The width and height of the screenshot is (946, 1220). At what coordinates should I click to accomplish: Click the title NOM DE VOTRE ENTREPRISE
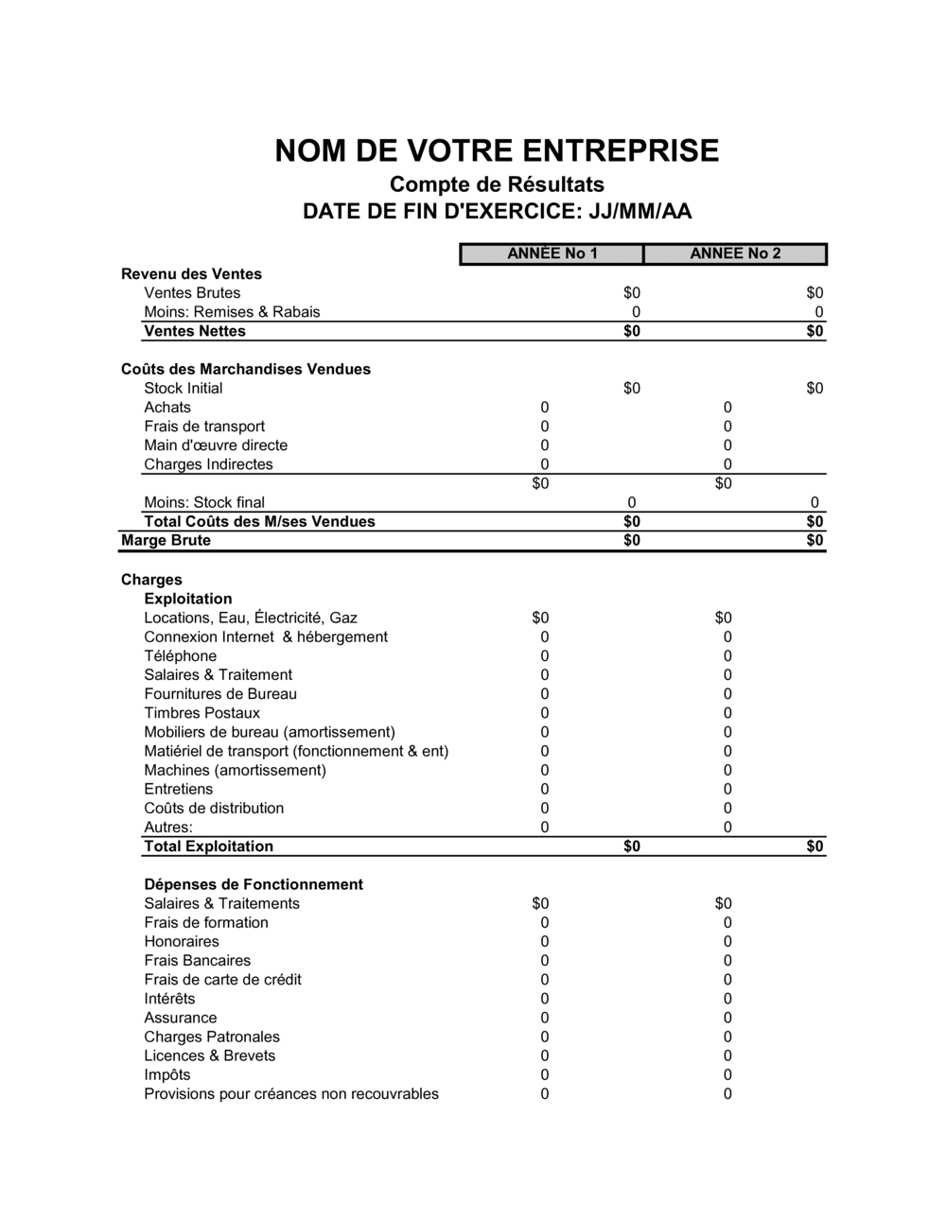[x=497, y=151]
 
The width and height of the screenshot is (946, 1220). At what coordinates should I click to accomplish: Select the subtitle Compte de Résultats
[x=497, y=183]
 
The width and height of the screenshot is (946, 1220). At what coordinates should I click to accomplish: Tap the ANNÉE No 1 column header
[x=552, y=253]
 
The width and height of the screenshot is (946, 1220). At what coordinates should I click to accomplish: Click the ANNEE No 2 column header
[x=735, y=253]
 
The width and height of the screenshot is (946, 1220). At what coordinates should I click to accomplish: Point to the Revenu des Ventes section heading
[x=191, y=274]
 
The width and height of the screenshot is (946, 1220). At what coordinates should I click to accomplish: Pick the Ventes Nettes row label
[x=195, y=331]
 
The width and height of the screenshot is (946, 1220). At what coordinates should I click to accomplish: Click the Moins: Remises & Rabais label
[x=232, y=312]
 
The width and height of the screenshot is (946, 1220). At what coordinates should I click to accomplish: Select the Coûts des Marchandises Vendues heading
[x=246, y=369]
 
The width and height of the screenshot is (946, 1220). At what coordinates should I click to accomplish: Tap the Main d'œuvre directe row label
[x=216, y=445]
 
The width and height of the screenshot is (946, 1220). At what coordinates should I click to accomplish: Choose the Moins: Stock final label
[x=204, y=502]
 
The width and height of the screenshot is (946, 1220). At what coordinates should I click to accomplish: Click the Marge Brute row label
[x=166, y=541]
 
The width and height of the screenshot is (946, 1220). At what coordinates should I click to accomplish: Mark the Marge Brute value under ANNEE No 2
[x=815, y=541]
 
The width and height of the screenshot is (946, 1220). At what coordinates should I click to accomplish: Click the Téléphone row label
[x=181, y=656]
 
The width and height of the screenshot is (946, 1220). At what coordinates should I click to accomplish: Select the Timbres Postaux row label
[x=201, y=713]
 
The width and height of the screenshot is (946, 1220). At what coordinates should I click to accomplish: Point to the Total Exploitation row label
[x=208, y=846]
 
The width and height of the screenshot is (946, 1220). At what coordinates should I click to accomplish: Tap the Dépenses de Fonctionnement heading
[x=254, y=884]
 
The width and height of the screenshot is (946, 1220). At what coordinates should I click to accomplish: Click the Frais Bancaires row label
[x=198, y=961]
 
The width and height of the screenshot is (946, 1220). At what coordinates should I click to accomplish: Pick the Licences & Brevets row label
[x=210, y=1055]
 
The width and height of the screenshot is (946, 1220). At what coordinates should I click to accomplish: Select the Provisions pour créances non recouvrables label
[x=291, y=1094]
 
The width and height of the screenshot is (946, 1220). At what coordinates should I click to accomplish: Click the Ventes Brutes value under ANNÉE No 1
[x=632, y=293]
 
